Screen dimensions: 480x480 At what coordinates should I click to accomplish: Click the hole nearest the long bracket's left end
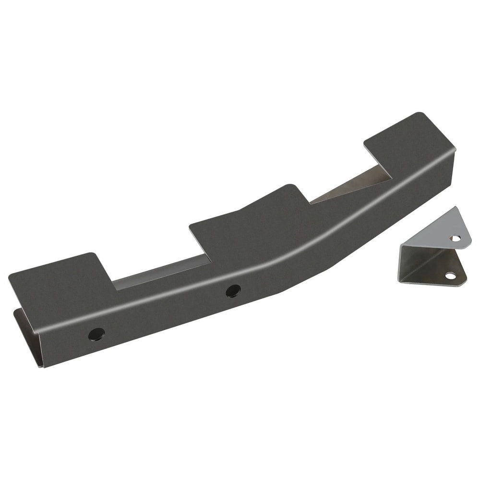(x=96, y=334)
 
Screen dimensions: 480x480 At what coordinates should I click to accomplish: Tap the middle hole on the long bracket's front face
(x=233, y=291)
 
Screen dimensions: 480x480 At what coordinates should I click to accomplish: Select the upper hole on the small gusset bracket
(x=455, y=238)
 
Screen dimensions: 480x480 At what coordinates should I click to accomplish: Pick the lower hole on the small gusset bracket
(x=450, y=276)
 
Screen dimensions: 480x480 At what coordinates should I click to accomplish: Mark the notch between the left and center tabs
(x=158, y=274)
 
